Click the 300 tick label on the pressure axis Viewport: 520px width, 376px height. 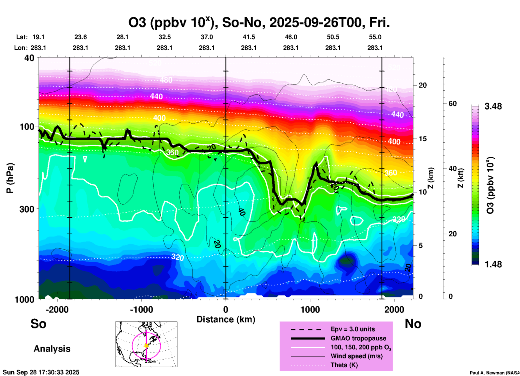(x=26, y=209)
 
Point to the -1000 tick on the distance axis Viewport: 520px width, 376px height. (x=141, y=309)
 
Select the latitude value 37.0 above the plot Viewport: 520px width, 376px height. (x=207, y=37)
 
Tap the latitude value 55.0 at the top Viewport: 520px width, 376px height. (x=375, y=37)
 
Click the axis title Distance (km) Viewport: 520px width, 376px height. (x=226, y=319)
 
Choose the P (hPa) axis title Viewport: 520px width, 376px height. (x=10, y=178)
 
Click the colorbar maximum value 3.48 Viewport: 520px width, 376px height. (x=493, y=106)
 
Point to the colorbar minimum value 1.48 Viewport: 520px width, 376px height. (x=493, y=264)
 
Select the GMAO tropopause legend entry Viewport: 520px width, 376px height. (x=358, y=338)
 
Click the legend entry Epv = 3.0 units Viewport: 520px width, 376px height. (x=353, y=329)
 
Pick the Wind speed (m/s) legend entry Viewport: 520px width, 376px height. (x=356, y=356)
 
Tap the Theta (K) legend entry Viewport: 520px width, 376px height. (x=344, y=365)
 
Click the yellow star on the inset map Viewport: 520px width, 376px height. (x=146, y=346)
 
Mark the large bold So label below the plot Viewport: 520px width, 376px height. (x=38, y=324)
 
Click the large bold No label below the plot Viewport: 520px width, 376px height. (x=413, y=324)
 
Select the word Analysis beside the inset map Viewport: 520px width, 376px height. (x=52, y=349)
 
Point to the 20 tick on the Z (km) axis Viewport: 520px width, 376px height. (x=423, y=85)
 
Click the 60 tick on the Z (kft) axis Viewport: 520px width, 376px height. (x=453, y=104)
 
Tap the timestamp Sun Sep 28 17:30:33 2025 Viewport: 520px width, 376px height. (x=41, y=372)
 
